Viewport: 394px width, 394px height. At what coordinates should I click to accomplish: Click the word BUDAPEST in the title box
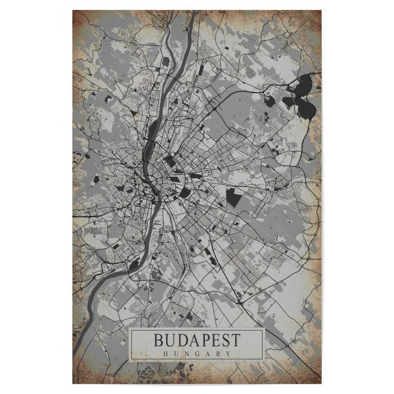(x=197, y=341)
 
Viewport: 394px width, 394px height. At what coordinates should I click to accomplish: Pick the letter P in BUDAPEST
(x=204, y=341)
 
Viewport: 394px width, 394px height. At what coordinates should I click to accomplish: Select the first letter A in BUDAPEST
(x=192, y=341)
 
